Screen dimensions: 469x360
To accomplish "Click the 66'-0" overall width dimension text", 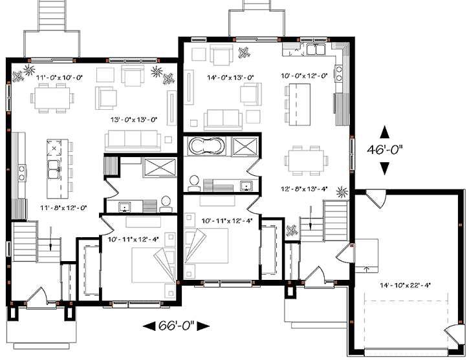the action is [x=176, y=325].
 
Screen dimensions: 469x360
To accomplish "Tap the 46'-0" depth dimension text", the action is [x=385, y=149].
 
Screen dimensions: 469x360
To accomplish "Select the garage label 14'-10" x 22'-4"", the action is [x=405, y=285].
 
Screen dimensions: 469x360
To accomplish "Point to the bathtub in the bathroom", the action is [x=206, y=146].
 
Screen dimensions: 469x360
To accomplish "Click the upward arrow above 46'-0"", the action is [x=384, y=132].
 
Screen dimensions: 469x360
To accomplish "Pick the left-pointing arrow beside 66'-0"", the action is [x=149, y=326].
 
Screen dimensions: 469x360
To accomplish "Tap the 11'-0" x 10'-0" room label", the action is [x=60, y=78].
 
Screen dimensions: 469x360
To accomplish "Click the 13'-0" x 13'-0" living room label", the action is [x=134, y=120].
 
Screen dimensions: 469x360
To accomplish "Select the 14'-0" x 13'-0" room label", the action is [x=230, y=78].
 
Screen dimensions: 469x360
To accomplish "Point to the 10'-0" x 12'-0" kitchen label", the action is [x=304, y=76].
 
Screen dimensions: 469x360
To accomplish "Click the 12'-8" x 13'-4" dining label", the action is [x=304, y=189].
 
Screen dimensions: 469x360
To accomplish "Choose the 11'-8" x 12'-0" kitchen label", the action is [x=63, y=207].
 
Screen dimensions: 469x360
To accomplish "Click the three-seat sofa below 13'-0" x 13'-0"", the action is [x=133, y=140].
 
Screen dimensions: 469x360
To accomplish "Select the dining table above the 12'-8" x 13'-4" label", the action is [x=306, y=160].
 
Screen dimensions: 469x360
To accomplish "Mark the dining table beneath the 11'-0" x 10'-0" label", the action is [x=52, y=98].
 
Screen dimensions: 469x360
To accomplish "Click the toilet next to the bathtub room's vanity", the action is [x=193, y=183].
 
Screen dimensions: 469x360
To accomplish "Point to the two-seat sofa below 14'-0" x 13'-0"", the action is [x=223, y=120].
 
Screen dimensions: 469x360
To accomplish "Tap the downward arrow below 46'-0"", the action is [x=384, y=168].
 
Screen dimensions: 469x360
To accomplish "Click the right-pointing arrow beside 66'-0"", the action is [x=203, y=326].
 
